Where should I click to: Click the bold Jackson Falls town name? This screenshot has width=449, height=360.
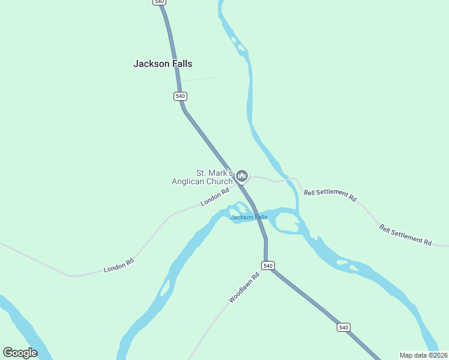(x=163, y=64)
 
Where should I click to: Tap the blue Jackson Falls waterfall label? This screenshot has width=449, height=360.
(x=249, y=217)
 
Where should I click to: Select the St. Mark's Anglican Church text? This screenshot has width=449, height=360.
(x=202, y=177)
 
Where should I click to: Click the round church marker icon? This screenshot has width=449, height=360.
(x=241, y=176)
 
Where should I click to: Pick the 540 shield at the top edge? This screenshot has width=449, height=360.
(x=158, y=2)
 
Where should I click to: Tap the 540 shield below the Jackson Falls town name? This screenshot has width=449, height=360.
(x=181, y=96)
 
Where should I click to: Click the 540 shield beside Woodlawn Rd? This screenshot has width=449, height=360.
(x=268, y=265)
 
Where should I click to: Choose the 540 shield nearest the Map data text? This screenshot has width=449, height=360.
(x=343, y=327)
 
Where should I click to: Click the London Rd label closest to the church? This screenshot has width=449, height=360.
(x=215, y=197)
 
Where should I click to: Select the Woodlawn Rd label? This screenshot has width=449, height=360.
(x=244, y=287)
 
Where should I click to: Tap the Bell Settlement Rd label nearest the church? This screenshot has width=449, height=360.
(x=330, y=194)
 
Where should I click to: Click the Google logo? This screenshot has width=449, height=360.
(x=20, y=353)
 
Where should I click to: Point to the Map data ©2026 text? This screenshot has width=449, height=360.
(x=423, y=355)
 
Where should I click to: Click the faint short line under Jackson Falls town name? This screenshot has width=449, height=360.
(x=197, y=79)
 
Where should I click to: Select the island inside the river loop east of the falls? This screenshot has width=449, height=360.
(x=286, y=221)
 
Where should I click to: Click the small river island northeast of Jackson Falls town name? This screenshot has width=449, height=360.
(x=241, y=48)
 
